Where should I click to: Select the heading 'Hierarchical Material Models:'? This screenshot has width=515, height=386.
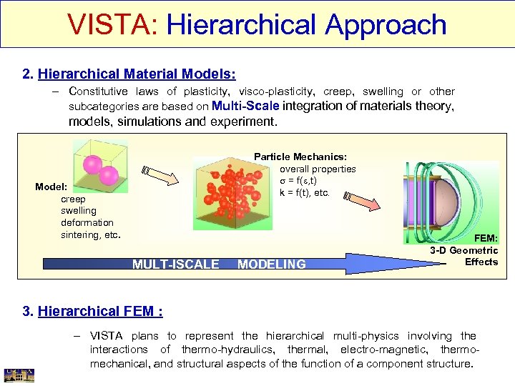[137, 74]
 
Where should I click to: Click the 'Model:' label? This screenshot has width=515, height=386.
[51, 187]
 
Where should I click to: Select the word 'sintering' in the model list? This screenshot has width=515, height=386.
[81, 234]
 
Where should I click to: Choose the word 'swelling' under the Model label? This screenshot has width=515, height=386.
[78, 211]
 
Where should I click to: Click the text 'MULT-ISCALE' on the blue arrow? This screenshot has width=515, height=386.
[175, 264]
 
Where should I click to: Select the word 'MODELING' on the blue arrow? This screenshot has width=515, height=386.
[271, 264]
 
